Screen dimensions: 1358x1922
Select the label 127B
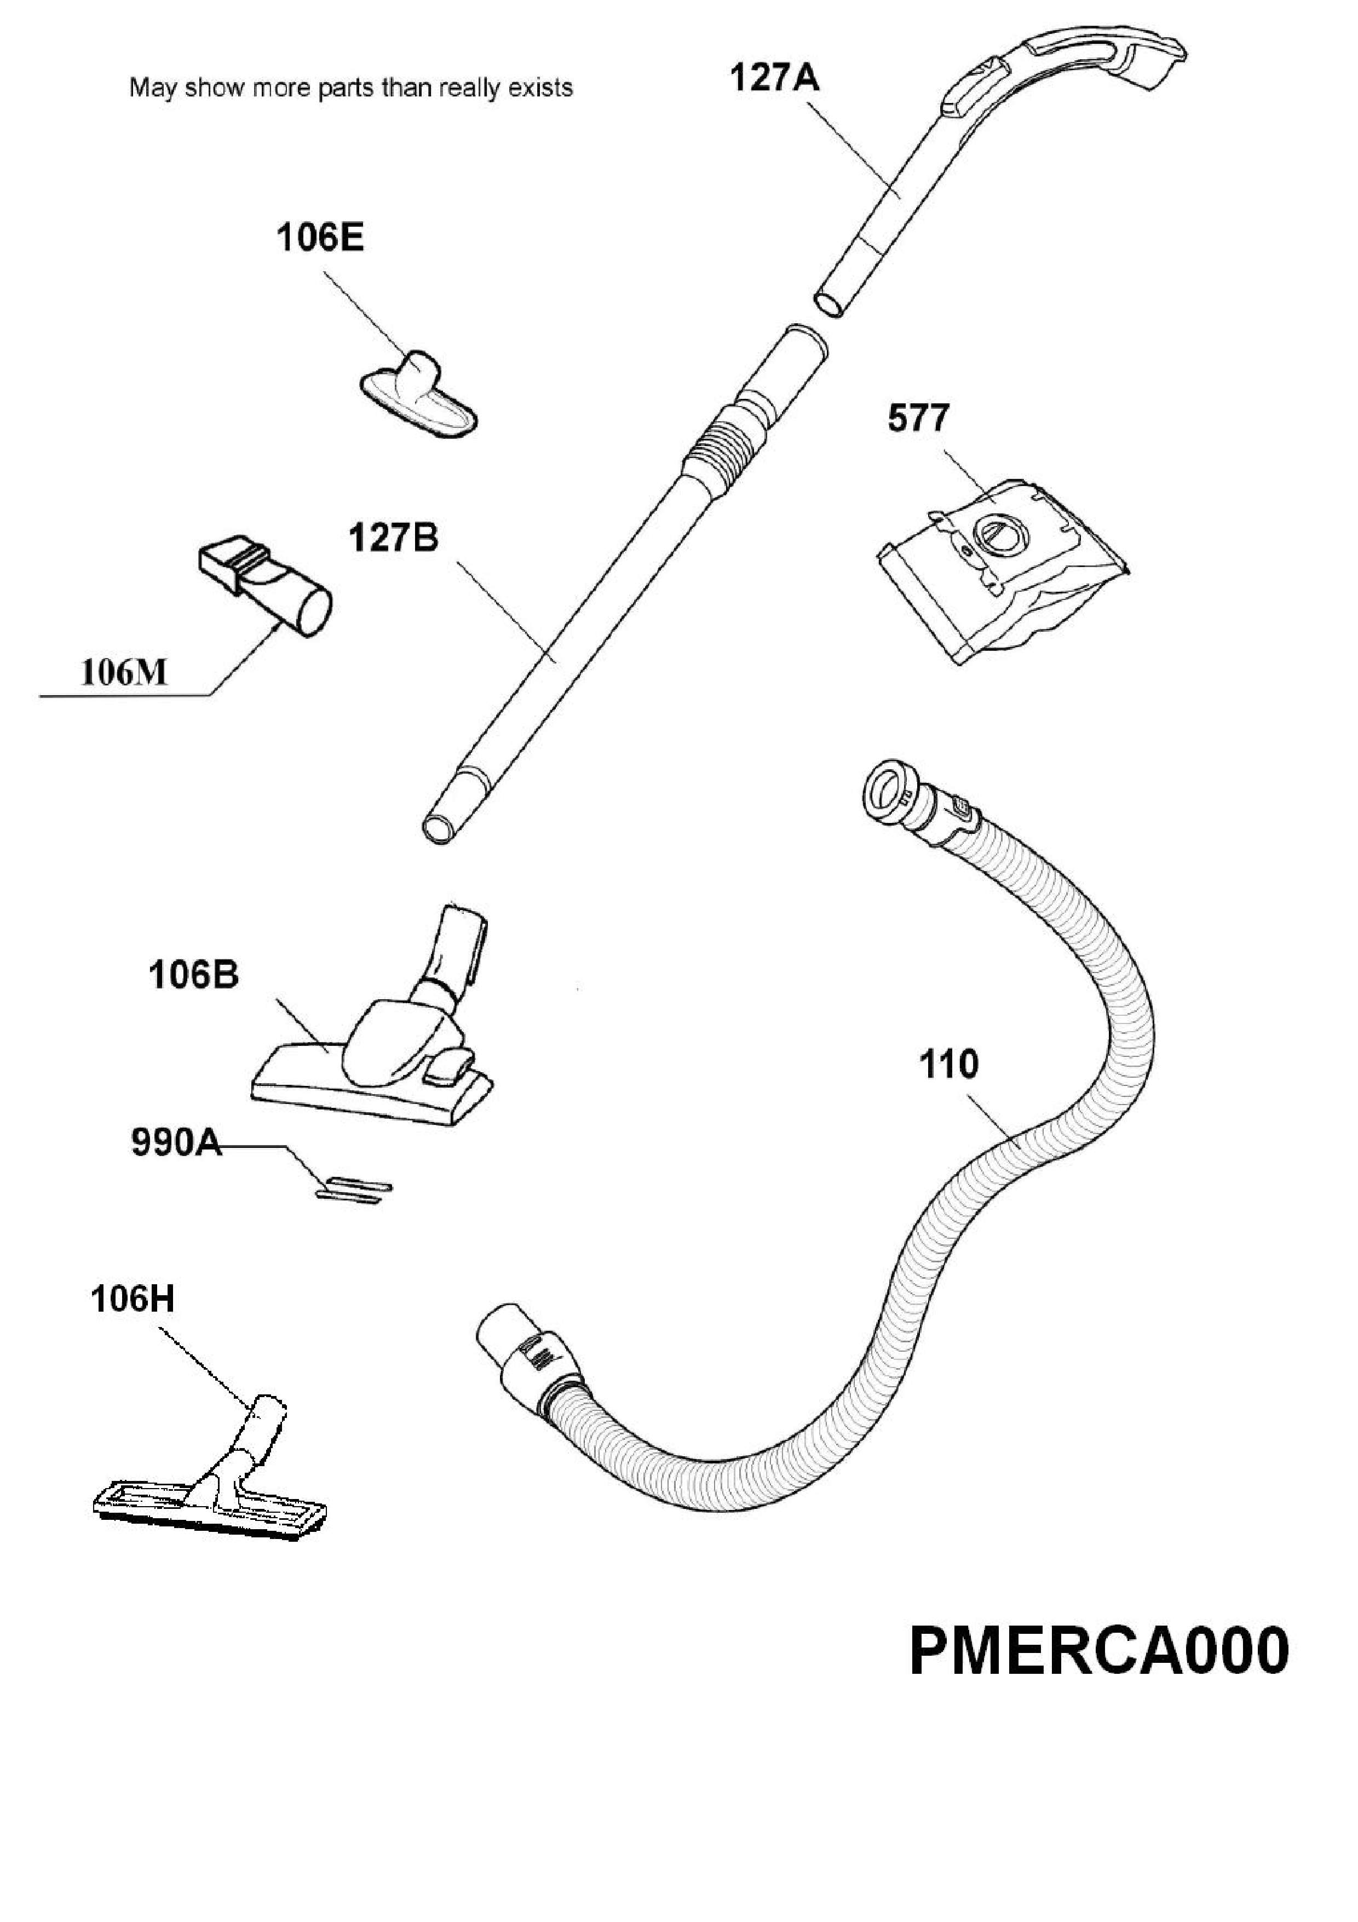click(393, 538)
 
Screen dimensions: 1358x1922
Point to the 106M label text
click(124, 672)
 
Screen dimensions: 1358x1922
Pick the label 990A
click(176, 1143)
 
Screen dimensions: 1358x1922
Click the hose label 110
click(949, 1065)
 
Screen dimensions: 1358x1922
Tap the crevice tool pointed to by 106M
click(265, 590)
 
